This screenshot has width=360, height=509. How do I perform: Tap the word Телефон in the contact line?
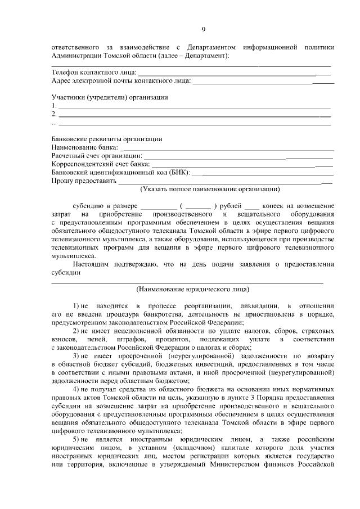[x=65, y=72]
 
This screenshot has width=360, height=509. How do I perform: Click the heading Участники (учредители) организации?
[x=109, y=97]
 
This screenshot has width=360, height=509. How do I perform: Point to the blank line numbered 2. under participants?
[x=194, y=115]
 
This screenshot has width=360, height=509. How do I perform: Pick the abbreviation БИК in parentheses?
[x=179, y=172]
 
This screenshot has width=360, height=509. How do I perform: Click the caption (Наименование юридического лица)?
[x=192, y=290]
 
